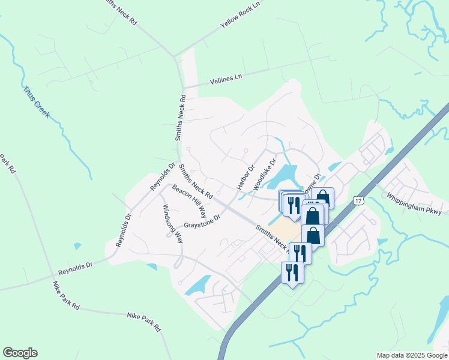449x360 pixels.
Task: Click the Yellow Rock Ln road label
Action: tap(241, 14)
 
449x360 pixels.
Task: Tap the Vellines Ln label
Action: tap(226, 79)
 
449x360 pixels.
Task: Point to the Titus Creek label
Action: tap(38, 101)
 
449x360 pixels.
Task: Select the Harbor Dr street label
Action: tap(246, 177)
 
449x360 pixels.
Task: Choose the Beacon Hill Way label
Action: tap(190, 201)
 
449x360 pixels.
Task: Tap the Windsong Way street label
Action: tap(172, 222)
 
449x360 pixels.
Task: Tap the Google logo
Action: tap(20, 353)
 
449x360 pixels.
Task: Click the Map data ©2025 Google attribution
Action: tap(411, 355)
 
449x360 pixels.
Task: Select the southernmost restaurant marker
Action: tap(292, 272)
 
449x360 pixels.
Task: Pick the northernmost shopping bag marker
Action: tap(322, 197)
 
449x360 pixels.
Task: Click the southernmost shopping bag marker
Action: tap(313, 235)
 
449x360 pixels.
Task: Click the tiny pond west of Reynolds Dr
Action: tap(77, 246)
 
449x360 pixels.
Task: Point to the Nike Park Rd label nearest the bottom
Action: tap(145, 322)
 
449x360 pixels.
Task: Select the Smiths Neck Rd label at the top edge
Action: tap(121, 12)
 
